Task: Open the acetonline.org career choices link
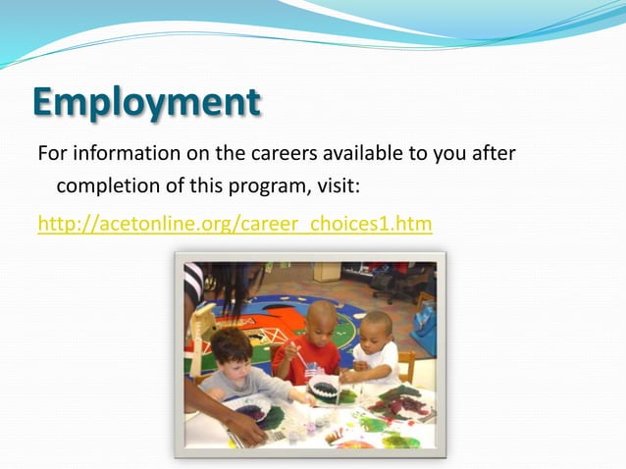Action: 235,224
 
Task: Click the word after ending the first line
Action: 494,154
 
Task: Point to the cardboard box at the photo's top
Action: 328,271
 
